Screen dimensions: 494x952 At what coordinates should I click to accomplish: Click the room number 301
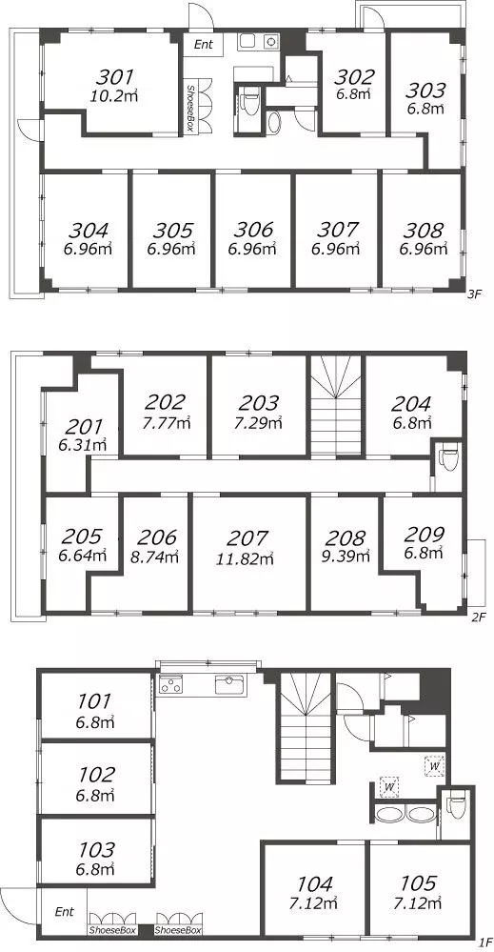click(x=114, y=77)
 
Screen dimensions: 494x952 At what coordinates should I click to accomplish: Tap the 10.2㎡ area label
click(x=116, y=95)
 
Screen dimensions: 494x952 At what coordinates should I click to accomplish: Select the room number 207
click(x=247, y=537)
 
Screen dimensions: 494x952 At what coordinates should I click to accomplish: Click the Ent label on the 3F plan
click(x=203, y=45)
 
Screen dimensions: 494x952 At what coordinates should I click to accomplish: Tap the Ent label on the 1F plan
click(x=65, y=911)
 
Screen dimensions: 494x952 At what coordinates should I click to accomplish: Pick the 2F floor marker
click(x=479, y=618)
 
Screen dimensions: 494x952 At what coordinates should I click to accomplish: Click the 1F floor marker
click(x=484, y=942)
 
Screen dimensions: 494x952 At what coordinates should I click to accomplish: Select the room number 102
click(x=96, y=775)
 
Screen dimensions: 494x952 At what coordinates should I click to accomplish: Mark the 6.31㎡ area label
click(x=83, y=445)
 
